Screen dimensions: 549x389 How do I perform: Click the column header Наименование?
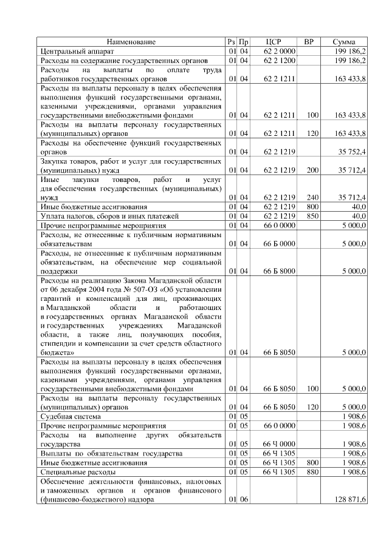131,42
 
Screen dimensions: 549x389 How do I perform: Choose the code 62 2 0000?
280,52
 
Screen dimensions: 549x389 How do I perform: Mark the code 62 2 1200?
280,61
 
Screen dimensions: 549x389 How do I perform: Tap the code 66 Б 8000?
280,271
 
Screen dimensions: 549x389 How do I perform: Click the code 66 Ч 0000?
280,443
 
